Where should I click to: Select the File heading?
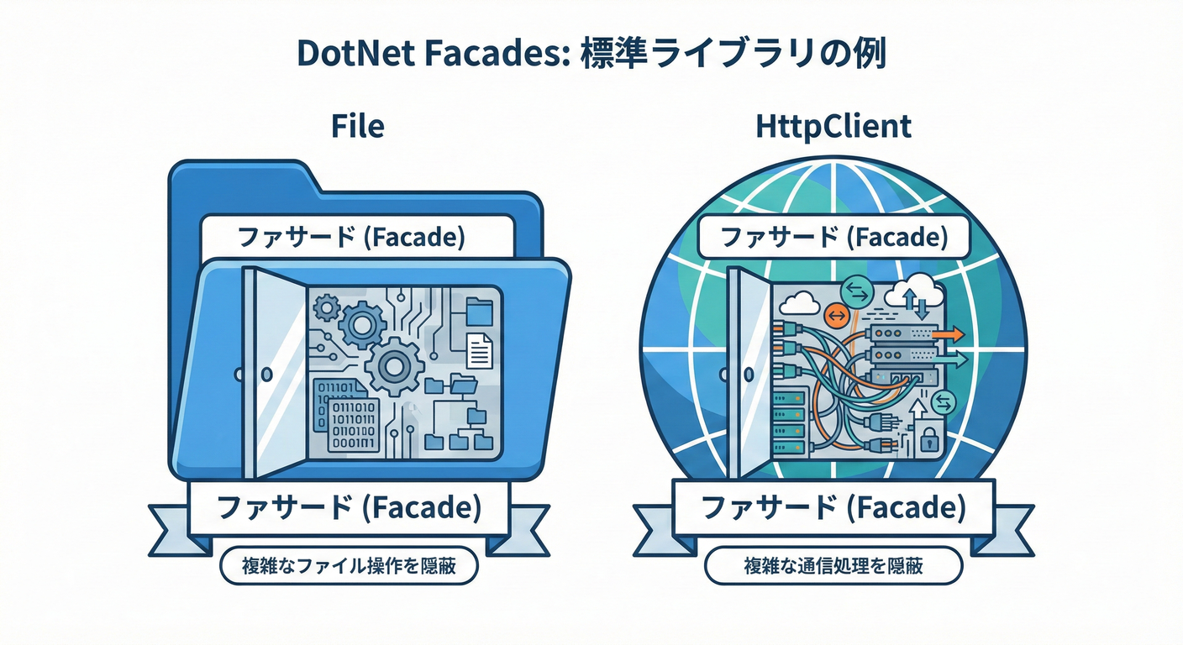pos(358,126)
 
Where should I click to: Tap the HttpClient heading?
pos(833,127)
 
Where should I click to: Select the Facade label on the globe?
pos(834,237)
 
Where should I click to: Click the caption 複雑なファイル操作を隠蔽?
pos(349,566)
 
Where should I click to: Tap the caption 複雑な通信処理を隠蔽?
pos(833,566)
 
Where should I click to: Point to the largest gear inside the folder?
pos(394,366)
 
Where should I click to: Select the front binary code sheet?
pos(354,424)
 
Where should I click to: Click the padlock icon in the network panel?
pos(928,438)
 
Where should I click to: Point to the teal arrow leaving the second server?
pos(951,359)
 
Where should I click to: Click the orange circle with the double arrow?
pos(837,316)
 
